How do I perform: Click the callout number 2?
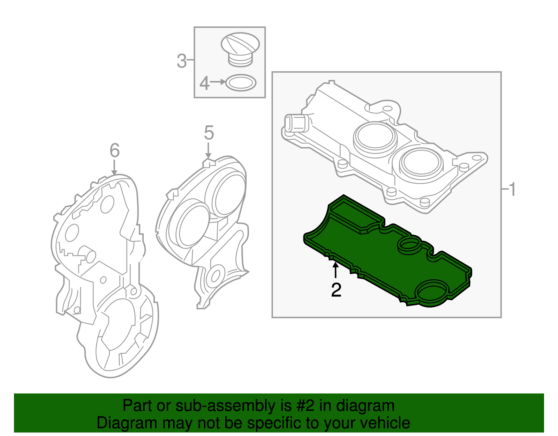point(336,290)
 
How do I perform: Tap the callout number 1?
point(512,190)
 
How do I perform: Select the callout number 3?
point(181,61)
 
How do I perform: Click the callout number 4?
point(204,84)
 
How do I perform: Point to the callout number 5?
point(209,133)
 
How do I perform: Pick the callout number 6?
point(114,151)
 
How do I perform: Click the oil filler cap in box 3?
point(240,49)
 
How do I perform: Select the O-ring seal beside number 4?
point(241,83)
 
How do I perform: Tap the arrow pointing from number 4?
point(218,82)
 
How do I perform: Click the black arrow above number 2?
point(335,270)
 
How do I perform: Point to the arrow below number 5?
point(208,150)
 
